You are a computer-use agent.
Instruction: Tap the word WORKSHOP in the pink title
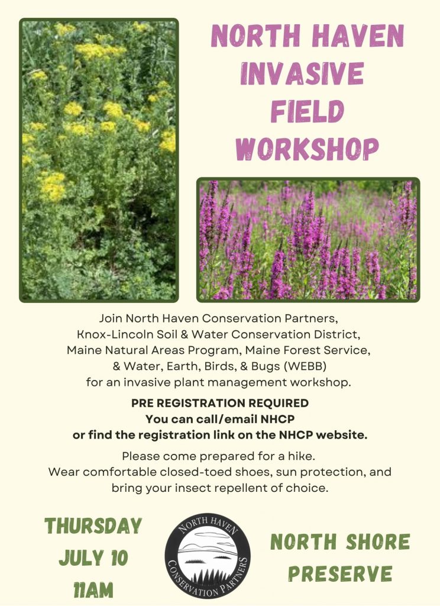coord(308,149)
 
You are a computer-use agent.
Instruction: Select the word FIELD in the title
coord(308,111)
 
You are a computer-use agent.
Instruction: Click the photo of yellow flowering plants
coord(99,160)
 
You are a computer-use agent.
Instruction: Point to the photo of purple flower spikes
coord(308,240)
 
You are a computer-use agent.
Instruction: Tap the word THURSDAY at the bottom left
coord(93,526)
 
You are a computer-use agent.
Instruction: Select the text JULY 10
coord(93,558)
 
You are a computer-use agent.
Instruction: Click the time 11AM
coord(93,590)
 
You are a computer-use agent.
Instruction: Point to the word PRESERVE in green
coord(340,573)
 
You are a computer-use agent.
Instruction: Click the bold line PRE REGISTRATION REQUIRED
coord(220,403)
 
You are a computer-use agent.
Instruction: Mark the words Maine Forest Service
coord(307,350)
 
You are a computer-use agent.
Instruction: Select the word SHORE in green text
coord(377,541)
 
